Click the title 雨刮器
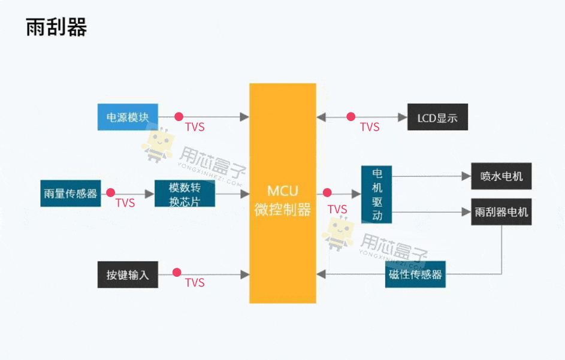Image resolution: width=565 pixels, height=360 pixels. [56, 28]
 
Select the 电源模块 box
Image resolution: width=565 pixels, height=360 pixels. [128, 117]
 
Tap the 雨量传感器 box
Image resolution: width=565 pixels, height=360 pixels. [70, 193]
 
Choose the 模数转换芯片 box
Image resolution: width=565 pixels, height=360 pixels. [185, 193]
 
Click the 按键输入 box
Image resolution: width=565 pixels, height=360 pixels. [128, 275]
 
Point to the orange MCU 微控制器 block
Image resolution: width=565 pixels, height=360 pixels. [283, 193]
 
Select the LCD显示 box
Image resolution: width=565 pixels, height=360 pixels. [437, 117]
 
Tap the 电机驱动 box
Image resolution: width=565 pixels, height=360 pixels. [377, 194]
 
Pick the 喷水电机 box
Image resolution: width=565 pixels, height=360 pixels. [501, 177]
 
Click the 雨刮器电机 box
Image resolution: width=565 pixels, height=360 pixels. [501, 212]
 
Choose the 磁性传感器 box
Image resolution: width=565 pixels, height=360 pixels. [415, 274]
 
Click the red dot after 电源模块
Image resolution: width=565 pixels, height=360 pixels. [179, 117]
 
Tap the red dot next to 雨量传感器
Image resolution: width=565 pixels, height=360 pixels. [110, 193]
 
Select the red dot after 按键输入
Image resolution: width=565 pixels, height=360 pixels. [177, 273]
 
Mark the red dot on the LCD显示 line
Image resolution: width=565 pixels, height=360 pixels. [351, 117]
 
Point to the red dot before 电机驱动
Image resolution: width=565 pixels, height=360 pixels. [327, 193]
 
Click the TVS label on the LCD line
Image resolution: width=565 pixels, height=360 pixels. [370, 127]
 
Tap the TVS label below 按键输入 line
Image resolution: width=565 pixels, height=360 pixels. [195, 283]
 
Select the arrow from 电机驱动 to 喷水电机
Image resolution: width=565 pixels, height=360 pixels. [431, 177]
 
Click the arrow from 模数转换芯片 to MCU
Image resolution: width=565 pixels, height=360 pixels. [232, 193]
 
